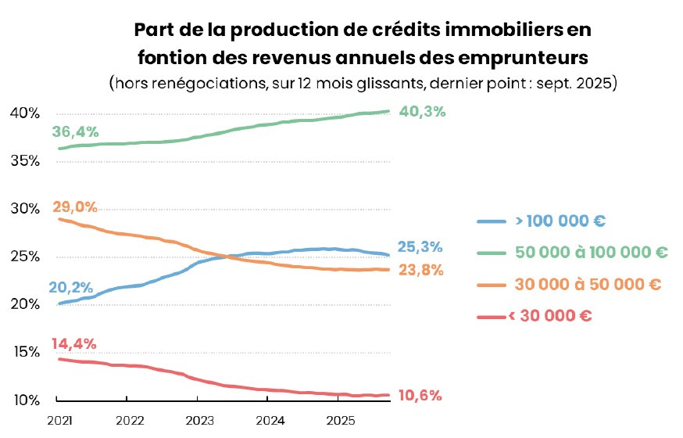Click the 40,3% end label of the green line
(422, 111)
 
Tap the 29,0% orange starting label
(75, 207)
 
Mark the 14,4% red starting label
(75, 343)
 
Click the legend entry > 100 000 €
(560, 221)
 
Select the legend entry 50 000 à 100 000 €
(592, 253)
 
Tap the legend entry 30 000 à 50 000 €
(587, 285)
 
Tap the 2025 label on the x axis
(337, 420)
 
